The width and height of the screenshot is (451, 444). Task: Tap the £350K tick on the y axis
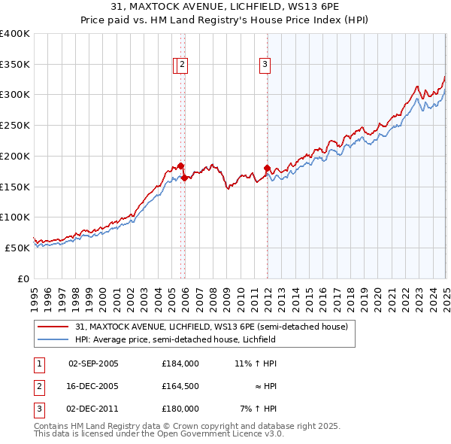pyautogui.click(x=15, y=64)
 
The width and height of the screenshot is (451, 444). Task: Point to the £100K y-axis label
pyautogui.click(x=15, y=217)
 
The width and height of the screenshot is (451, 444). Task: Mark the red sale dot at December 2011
pyautogui.click(x=267, y=168)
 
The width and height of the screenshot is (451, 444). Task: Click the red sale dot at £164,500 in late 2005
pyautogui.click(x=184, y=178)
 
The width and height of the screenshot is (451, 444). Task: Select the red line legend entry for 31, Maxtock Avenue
pyautogui.click(x=211, y=327)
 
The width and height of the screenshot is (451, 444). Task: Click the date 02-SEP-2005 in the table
pyautogui.click(x=93, y=363)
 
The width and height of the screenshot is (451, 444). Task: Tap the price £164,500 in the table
pyautogui.click(x=180, y=386)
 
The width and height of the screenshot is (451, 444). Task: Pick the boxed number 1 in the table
pyautogui.click(x=38, y=363)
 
